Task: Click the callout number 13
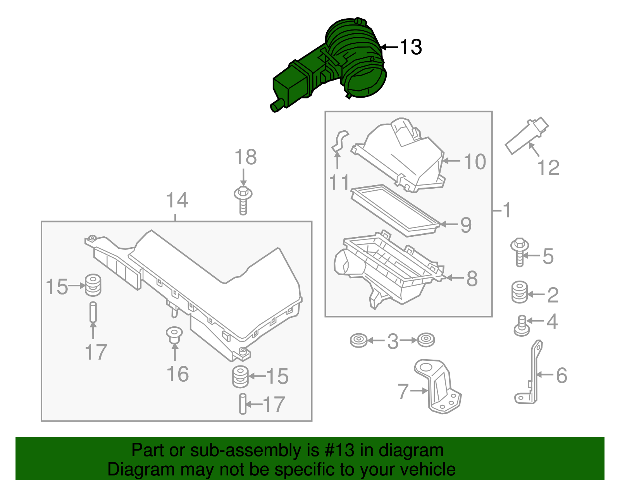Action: click(410, 47)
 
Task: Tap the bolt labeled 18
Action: click(243, 200)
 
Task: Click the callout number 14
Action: click(177, 201)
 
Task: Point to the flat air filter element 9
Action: click(395, 209)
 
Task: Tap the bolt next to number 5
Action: click(520, 252)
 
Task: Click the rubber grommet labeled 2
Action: click(519, 293)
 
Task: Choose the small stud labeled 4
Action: click(522, 326)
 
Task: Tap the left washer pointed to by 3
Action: click(358, 341)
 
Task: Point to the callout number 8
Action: click(472, 279)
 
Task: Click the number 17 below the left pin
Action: click(95, 352)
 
